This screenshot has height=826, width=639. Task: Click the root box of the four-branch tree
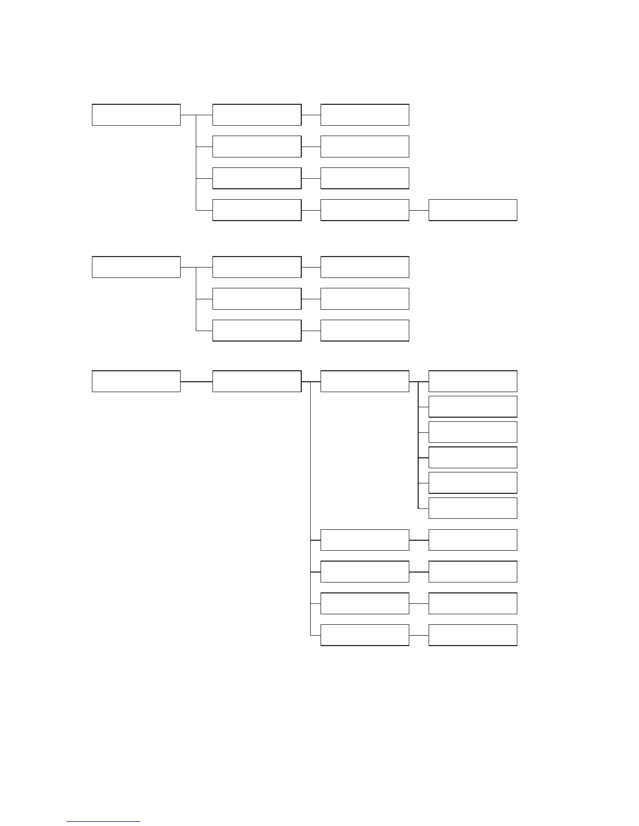pyautogui.click(x=136, y=115)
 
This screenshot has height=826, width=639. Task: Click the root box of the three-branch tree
pyautogui.click(x=136, y=267)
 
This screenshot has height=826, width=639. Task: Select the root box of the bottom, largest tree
pyautogui.click(x=136, y=381)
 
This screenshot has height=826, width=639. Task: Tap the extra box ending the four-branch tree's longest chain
pyautogui.click(x=472, y=210)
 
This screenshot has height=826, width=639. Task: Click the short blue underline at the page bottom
pyautogui.click(x=103, y=821)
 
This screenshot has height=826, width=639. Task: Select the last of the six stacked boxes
pyautogui.click(x=472, y=508)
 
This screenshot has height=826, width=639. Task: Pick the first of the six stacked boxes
pyautogui.click(x=472, y=381)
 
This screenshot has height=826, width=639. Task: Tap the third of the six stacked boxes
pyautogui.click(x=472, y=432)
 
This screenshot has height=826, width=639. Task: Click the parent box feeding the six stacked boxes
pyautogui.click(x=364, y=381)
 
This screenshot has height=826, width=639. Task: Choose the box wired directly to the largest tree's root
pyautogui.click(x=256, y=381)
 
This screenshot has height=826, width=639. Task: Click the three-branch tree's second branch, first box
pyautogui.click(x=256, y=299)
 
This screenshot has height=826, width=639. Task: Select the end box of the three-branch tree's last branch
pyautogui.click(x=364, y=331)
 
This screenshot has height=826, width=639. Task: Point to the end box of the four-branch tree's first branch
pyautogui.click(x=364, y=115)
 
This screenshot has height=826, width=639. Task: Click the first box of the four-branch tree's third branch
pyautogui.click(x=256, y=178)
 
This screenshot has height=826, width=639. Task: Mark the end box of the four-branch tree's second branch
pyautogui.click(x=364, y=147)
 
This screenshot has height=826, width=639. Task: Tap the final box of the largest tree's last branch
pyautogui.click(x=472, y=635)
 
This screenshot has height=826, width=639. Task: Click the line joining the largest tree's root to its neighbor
pyautogui.click(x=196, y=381)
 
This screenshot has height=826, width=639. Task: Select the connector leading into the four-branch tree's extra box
pyautogui.click(x=419, y=210)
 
